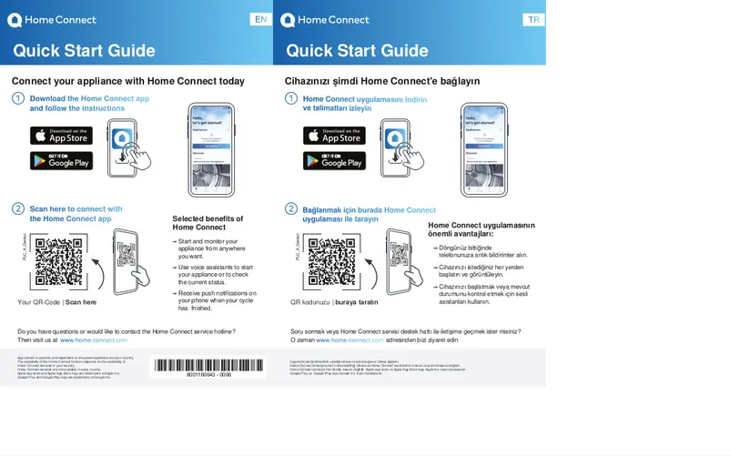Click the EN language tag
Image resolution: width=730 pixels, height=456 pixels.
pos(260,20)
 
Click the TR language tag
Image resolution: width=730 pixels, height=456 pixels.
pos(533,20)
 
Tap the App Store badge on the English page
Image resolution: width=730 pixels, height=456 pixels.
pos(62,136)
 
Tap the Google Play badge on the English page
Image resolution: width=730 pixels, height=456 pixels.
pos(62,161)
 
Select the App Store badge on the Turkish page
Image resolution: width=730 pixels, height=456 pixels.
pos(335,136)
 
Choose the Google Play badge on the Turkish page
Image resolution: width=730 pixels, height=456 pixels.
pos(335,161)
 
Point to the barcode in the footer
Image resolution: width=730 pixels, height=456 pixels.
pos(209,366)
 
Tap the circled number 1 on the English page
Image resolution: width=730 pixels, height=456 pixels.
pos(18,98)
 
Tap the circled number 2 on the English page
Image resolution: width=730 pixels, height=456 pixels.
pos(18,209)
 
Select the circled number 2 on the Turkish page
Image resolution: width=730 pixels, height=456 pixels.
pos(291,209)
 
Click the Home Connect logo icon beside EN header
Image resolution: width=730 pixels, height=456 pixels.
pos(15,20)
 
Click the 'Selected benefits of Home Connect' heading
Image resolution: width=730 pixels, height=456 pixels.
pos(208,223)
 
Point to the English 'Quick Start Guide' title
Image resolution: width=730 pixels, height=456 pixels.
pos(84,51)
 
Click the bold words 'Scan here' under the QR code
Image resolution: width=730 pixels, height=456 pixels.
pos(81,302)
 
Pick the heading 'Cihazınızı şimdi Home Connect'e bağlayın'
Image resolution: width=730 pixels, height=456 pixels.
pos(382,81)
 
